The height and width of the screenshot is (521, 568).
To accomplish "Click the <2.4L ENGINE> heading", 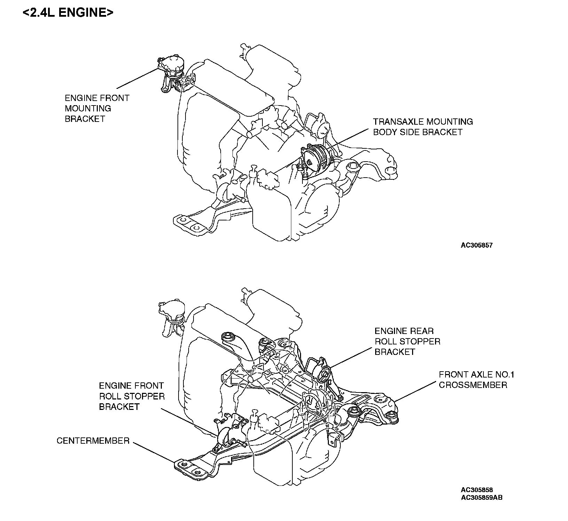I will pos(68,13).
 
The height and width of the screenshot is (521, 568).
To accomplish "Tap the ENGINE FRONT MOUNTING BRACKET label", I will pos(97,108).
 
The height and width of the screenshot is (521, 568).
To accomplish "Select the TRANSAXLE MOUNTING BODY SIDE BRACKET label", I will pos(423,127).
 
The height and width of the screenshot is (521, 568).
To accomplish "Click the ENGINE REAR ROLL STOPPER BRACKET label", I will pos(407,341).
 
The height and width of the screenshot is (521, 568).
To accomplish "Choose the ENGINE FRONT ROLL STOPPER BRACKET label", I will pos(132,396).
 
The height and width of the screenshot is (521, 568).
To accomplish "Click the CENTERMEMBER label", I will pos(93,441).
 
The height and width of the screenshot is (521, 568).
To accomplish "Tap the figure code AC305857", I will pos(476,245).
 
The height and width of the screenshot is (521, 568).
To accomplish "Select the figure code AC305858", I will pos(476,490).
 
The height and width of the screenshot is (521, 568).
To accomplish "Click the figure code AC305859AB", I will pos(481,497).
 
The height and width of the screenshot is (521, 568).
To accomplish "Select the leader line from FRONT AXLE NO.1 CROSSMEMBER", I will pos(416,392).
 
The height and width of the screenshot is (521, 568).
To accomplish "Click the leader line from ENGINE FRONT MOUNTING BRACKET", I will pos(137,78).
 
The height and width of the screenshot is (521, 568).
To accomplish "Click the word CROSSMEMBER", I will pos(473,385).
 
